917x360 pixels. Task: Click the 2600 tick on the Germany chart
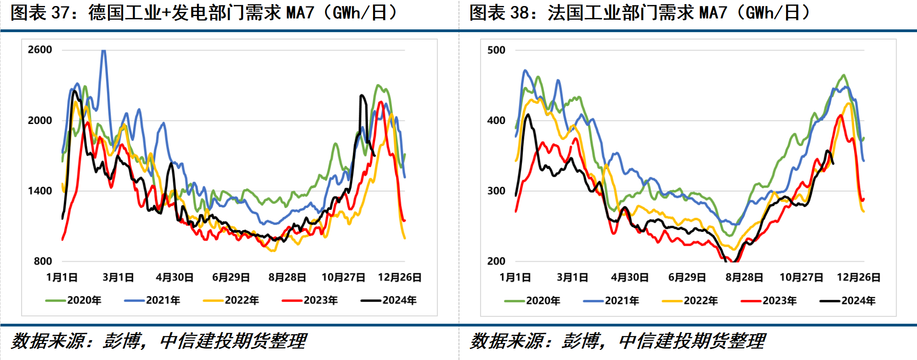pos(40,50)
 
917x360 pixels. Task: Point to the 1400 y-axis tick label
pos(40,191)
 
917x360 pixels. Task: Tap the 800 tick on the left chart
pos(43,261)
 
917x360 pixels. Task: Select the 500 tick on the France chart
pos(496,50)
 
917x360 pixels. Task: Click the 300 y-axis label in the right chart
pos(496,191)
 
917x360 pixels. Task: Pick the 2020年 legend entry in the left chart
pos(74,300)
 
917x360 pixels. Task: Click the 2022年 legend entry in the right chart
pos(690,301)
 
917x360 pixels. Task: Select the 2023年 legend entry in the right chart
pos(769,301)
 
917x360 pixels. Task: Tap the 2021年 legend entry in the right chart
pos(611,301)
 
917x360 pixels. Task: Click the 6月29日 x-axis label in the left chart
pos(231,277)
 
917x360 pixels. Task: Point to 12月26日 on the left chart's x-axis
pos(400,277)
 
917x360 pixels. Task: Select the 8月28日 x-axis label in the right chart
pos(744,277)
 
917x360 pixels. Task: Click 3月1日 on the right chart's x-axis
pos(572,277)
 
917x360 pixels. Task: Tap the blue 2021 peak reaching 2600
pos(104,51)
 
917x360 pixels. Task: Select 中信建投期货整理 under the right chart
pos(692,341)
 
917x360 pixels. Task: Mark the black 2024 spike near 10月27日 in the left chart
pos(362,96)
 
